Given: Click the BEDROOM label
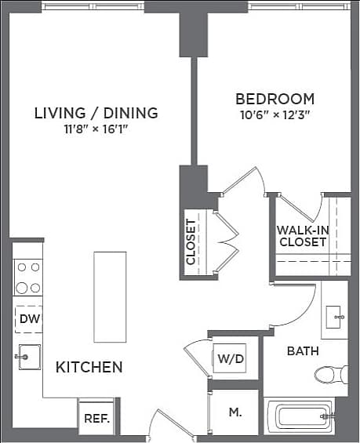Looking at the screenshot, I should pos(275,100).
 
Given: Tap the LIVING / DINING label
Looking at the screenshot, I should pos(96,113).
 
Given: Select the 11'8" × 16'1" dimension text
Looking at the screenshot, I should pos(96,130).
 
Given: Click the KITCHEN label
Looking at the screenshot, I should pos(89,367).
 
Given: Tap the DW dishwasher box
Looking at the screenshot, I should pos(29,319).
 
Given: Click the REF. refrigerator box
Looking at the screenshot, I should pos(97,418).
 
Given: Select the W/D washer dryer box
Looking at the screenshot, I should pos(230,360).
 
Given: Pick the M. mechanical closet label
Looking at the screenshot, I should pos(235,412).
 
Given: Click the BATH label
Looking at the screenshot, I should pos(302,351).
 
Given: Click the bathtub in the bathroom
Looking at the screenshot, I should pos(300,415).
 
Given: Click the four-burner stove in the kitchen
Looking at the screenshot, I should pos(28,277).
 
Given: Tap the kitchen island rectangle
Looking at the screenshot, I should pos(109,296).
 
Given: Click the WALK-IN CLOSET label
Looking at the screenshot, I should pos(302,236).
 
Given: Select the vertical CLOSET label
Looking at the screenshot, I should pos(191,241).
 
